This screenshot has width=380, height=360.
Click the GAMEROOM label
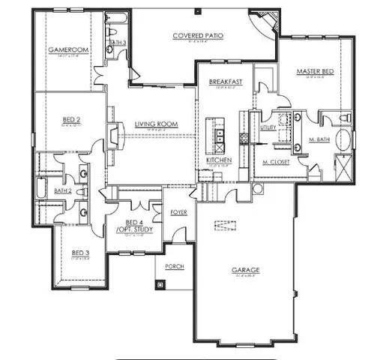click(x=64, y=50)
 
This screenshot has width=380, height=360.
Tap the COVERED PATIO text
click(x=199, y=35)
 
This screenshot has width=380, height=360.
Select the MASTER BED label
click(x=314, y=71)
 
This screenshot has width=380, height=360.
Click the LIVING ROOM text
click(x=155, y=124)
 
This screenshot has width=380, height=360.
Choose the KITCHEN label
click(x=218, y=160)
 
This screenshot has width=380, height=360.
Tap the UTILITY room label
click(x=268, y=127)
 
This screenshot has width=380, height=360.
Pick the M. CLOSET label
click(x=276, y=161)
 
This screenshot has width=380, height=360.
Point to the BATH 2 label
click(x=62, y=190)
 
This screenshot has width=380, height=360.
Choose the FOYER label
click(x=178, y=212)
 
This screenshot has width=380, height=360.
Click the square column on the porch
click(x=160, y=283)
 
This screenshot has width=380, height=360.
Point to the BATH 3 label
click(x=116, y=43)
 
